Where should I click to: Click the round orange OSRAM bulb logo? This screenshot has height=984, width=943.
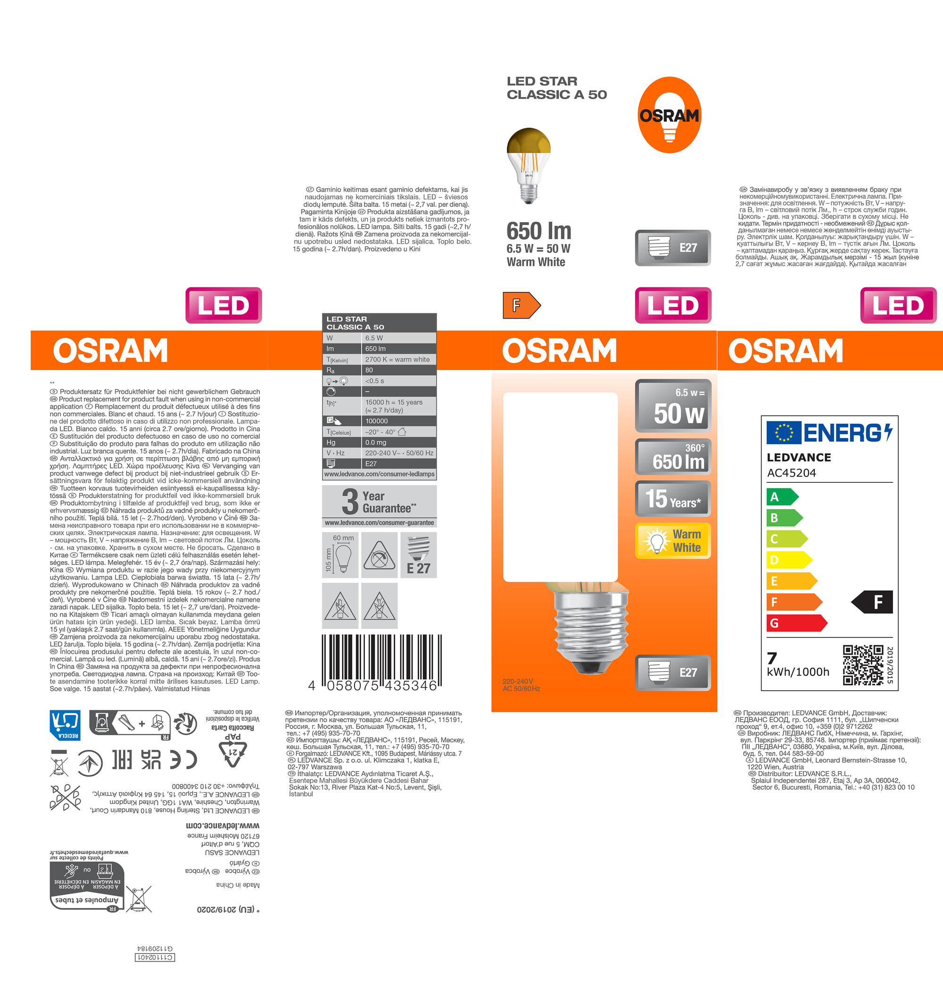[669, 115]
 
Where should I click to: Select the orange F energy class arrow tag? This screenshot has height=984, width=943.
[521, 305]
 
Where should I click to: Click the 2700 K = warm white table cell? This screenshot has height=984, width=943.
[398, 360]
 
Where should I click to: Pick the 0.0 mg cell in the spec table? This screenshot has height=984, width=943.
[398, 442]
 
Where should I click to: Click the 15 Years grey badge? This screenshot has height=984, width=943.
[673, 498]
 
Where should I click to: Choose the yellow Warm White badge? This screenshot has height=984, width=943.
[673, 541]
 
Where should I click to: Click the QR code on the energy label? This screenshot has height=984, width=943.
[863, 665]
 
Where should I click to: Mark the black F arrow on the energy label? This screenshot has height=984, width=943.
[872, 602]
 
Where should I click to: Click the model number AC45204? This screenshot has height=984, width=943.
[792, 473]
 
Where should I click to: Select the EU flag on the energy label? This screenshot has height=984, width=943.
[784, 432]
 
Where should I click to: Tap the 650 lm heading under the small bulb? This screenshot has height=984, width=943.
[539, 231]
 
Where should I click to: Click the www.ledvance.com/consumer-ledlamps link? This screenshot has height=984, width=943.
[379, 474]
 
